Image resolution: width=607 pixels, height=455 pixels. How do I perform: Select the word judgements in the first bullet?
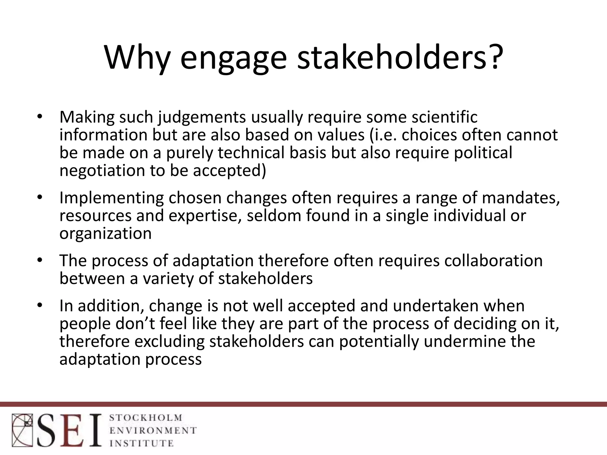pos(202,117)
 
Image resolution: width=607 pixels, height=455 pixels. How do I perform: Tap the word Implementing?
pos(111,198)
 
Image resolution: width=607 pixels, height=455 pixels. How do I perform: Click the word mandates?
pos(520,198)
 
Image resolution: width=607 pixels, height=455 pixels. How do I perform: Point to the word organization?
pos(106,233)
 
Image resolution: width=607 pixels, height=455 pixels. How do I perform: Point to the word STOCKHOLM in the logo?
pos(146,418)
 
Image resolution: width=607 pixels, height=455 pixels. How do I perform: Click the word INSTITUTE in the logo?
pos(141,443)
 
